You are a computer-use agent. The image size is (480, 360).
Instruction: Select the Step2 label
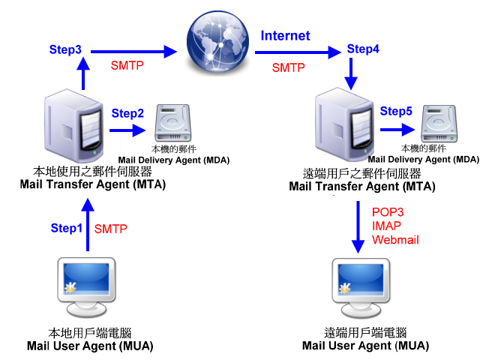127,114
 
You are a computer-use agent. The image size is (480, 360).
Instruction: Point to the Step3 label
65,50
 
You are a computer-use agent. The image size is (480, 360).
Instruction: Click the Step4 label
363,50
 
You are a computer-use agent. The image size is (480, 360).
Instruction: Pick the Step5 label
396,112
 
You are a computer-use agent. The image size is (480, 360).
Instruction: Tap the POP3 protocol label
388,212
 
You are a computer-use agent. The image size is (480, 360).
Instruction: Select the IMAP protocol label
387,226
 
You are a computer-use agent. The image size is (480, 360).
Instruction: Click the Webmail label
395,239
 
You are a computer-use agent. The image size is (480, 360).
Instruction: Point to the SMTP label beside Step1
111,228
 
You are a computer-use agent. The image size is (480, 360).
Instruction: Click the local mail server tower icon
73,123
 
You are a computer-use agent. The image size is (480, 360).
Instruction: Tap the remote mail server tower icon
344,123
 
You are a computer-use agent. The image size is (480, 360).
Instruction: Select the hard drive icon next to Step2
175,124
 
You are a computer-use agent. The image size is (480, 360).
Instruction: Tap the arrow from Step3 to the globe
135,52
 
